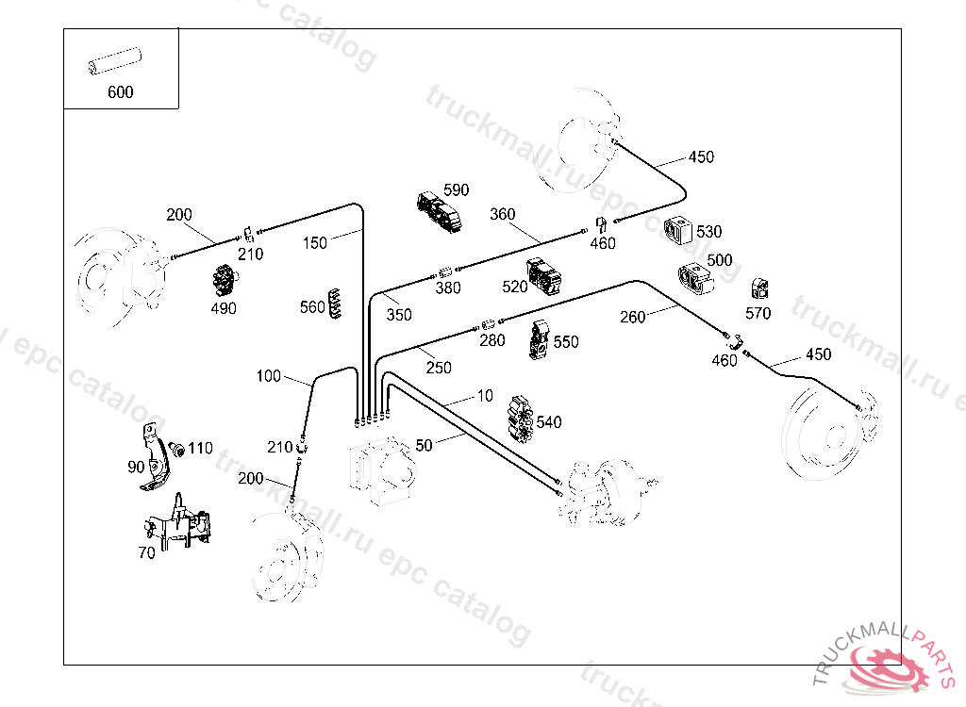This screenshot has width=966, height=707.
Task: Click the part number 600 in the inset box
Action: tap(121, 92)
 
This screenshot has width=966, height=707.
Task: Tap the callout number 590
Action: tap(456, 190)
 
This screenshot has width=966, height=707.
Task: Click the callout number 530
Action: tap(708, 232)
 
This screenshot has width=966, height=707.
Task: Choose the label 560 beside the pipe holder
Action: tap(312, 306)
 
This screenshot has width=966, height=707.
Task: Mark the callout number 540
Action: tap(548, 422)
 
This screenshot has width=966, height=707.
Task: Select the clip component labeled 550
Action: tap(540, 340)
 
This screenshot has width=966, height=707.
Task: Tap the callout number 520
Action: tap(515, 286)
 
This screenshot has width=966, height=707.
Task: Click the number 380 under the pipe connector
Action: tap(448, 288)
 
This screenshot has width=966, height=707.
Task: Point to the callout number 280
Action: tap(492, 339)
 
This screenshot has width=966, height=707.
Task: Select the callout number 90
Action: tap(136, 467)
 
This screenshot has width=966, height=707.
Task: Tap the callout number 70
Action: tap(146, 553)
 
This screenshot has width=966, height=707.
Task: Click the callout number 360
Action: tap(503, 214)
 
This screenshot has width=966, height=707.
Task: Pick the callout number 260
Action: tap(632, 317)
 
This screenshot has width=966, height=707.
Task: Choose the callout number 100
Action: tap(269, 376)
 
